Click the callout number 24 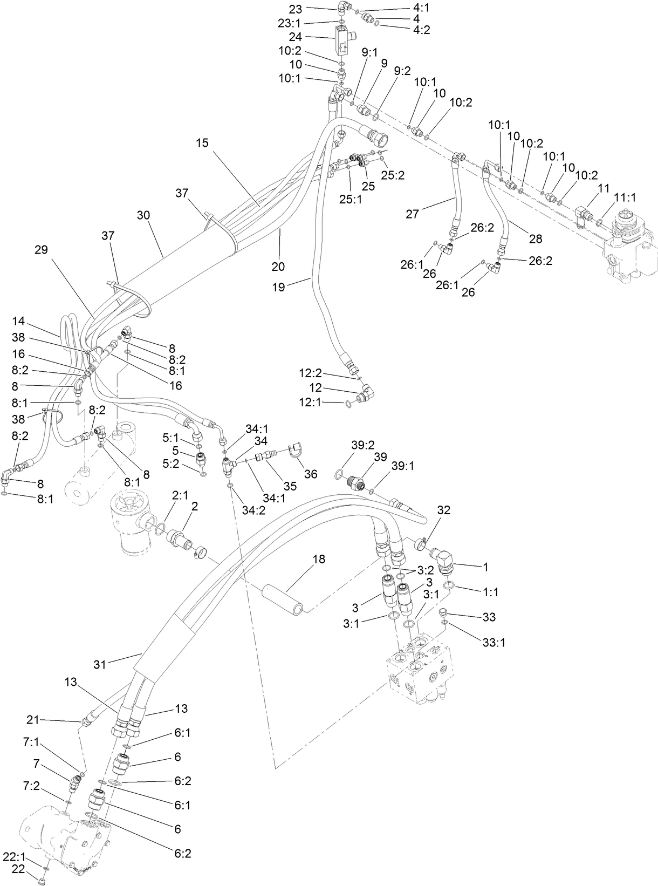point(310,37)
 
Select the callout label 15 point(202,143)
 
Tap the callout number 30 point(143,215)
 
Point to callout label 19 point(278,288)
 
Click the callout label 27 point(413,214)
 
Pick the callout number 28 point(536,238)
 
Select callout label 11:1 point(625,199)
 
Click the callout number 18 point(319,559)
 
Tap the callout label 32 point(443,510)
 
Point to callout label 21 point(33,719)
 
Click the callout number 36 point(311,474)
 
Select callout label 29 point(41,250)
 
